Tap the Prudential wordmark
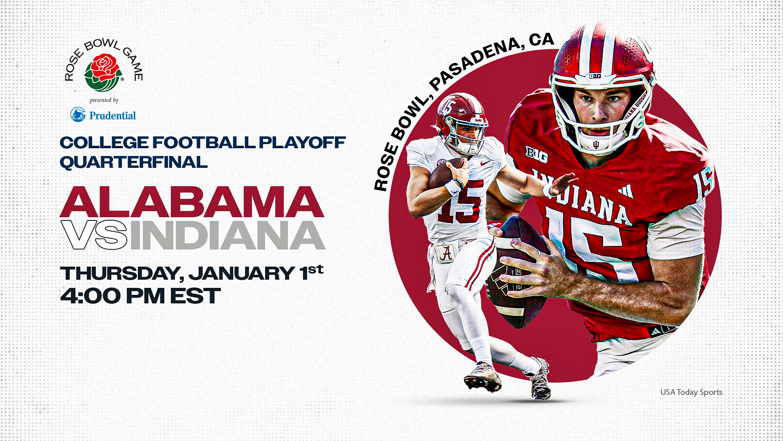point(113,116)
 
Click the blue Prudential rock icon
point(78,114)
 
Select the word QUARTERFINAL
point(133,162)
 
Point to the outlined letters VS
point(94,235)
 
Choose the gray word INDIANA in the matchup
point(227,235)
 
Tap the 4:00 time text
point(91,296)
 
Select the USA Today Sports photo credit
point(691,392)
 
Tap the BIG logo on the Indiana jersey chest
point(536,154)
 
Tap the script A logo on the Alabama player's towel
point(446,253)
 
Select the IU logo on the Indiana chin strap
point(596,145)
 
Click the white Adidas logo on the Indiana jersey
point(625,191)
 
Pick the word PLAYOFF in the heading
point(302,143)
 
